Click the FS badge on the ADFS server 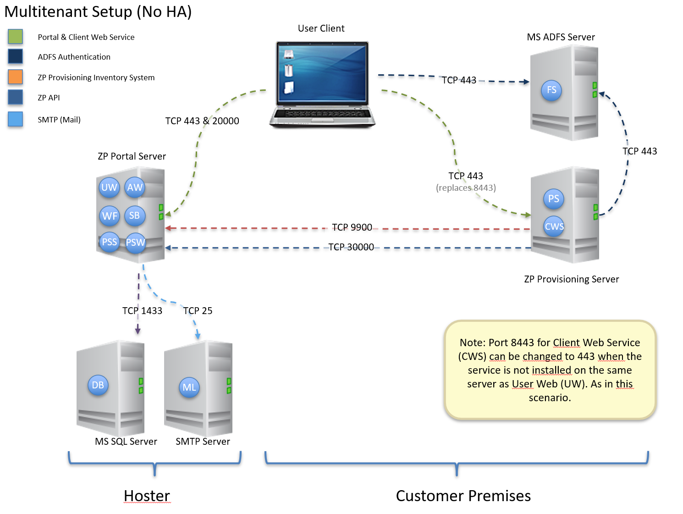[x=551, y=90]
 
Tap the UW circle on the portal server [x=109, y=187]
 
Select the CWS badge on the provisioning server [x=554, y=227]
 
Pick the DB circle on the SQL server [x=98, y=385]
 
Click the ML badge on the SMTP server [x=189, y=387]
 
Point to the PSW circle [x=136, y=243]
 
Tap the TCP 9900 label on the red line [x=352, y=227]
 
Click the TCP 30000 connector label [x=351, y=247]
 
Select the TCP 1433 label [x=142, y=311]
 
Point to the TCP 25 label [x=198, y=311]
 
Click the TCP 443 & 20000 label [x=202, y=121]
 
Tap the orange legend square [x=15, y=77]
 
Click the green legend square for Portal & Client [x=15, y=37]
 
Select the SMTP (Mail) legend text [x=59, y=120]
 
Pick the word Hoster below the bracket [x=147, y=496]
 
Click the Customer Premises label [x=463, y=496]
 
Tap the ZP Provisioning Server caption [x=571, y=279]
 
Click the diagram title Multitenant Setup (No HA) [x=98, y=11]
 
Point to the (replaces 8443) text [x=466, y=188]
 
